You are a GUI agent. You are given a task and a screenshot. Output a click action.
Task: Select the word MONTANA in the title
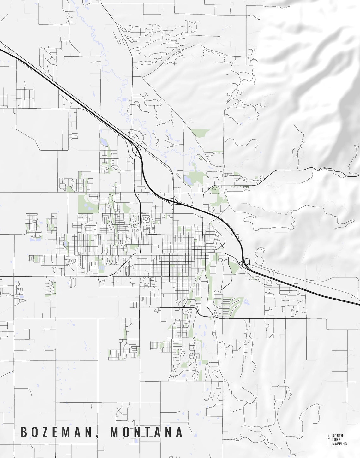tap(146, 432)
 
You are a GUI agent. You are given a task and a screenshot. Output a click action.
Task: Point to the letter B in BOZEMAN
tap(23, 432)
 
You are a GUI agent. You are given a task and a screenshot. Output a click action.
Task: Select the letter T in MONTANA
tap(147, 432)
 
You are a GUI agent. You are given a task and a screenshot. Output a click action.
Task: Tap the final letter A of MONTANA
tap(179, 432)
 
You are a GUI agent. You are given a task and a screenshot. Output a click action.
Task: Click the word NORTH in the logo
tap(337, 436)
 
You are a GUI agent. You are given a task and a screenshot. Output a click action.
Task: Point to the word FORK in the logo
tap(336, 440)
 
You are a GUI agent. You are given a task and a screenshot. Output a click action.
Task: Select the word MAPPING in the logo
tap(339, 443)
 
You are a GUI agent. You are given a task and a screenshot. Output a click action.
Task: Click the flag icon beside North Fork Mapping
tap(329, 439)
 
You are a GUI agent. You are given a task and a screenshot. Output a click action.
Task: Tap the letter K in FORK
tap(340, 440)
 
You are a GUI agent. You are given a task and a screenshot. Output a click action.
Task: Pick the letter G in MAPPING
tap(345, 443)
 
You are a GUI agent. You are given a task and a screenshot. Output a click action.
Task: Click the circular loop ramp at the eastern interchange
tap(247, 261)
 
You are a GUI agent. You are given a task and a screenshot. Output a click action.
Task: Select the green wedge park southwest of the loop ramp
tap(234, 267)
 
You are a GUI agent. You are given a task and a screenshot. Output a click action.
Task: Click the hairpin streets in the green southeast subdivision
tap(226, 306)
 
